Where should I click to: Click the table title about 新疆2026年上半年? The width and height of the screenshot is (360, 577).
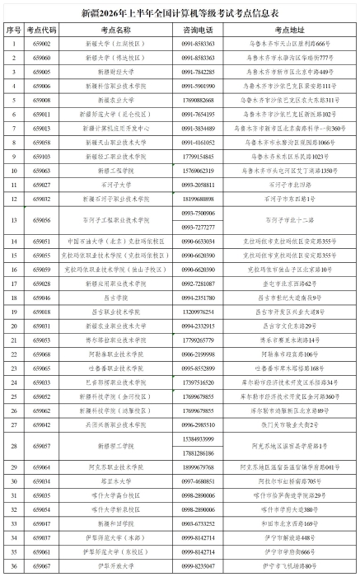[180, 13]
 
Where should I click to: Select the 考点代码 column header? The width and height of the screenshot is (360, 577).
[42, 29]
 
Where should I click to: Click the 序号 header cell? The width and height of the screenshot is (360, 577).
[13, 29]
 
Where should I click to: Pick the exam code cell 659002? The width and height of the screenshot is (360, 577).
[42, 42]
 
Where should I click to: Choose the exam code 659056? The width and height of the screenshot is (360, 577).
[42, 220]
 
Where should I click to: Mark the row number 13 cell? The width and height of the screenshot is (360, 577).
[13, 220]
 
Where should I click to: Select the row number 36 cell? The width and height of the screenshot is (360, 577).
[13, 565]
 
